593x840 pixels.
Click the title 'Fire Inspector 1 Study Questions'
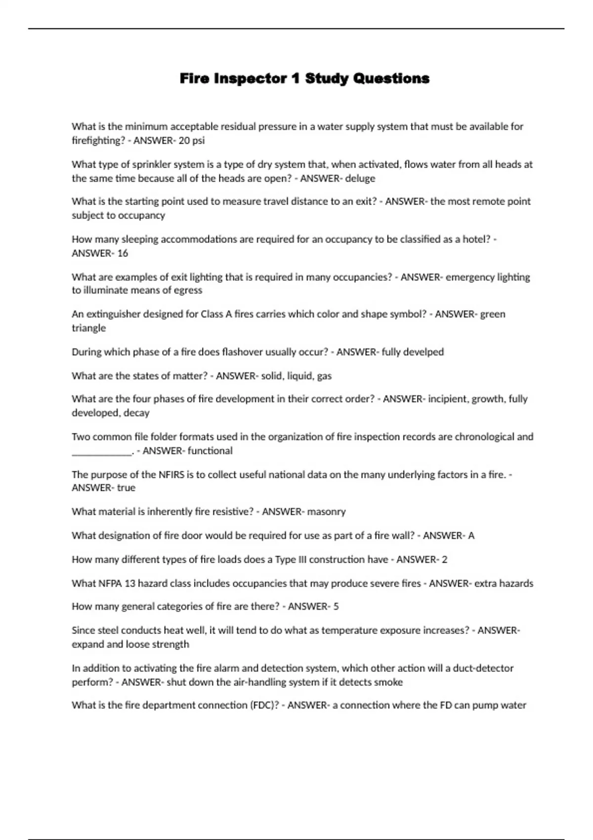pyautogui.click(x=304, y=79)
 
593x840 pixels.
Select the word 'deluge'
pyautogui.click(x=360, y=178)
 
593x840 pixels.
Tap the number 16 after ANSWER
pyautogui.click(x=123, y=253)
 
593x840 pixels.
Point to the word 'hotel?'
pyautogui.click(x=476, y=240)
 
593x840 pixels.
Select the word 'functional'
pyautogui.click(x=210, y=451)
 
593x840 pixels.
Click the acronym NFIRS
pyautogui.click(x=170, y=475)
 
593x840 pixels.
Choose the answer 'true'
pyautogui.click(x=126, y=488)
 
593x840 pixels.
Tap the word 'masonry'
pyautogui.click(x=326, y=512)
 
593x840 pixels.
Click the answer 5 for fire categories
pyautogui.click(x=336, y=607)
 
